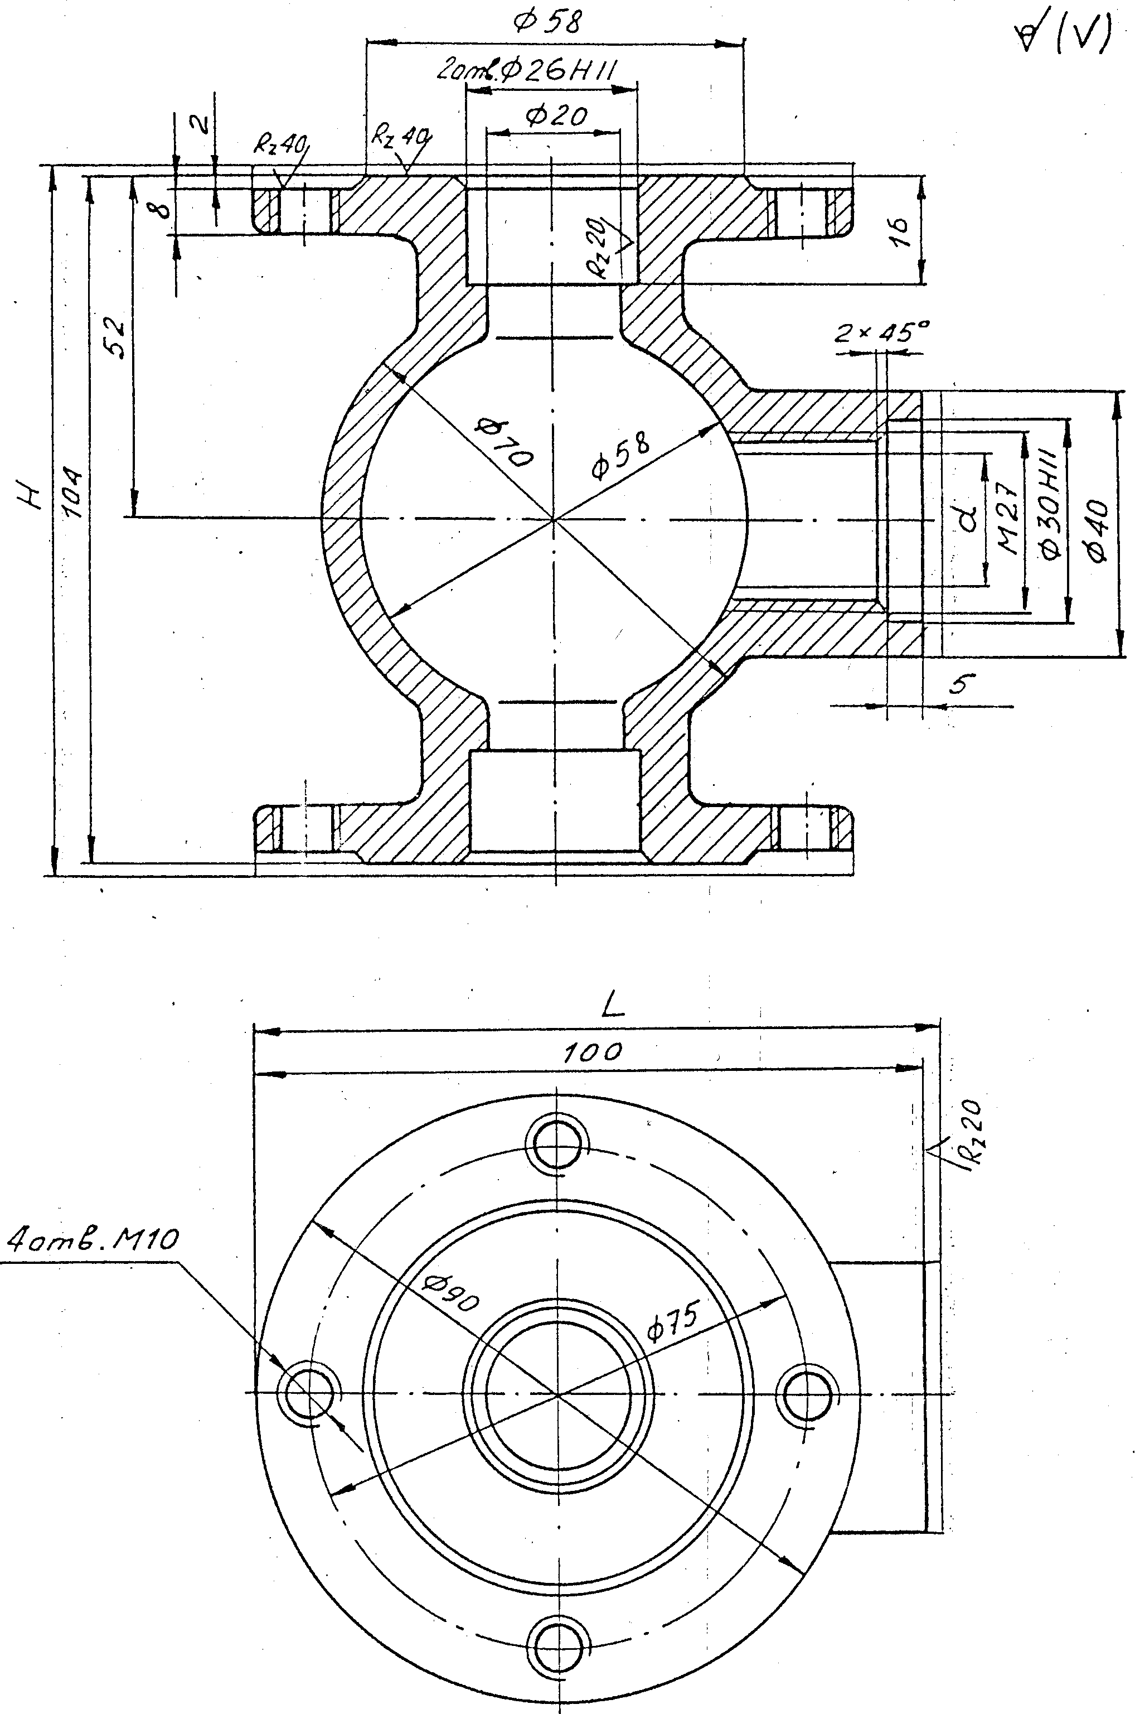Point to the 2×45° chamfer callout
coord(882,332)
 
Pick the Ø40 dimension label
coord(1097,529)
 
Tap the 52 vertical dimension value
coord(116,337)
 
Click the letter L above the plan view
coord(613,1007)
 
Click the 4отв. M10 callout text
coord(92,1241)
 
